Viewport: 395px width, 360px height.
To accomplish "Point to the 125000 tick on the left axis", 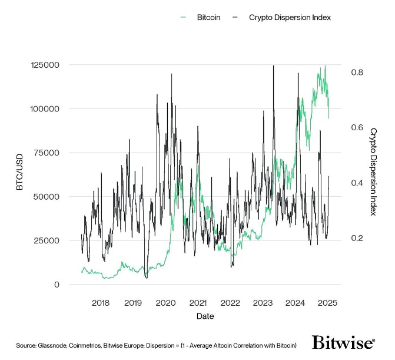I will (x=45, y=65).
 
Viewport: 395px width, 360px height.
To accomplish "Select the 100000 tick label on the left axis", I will (x=45, y=109).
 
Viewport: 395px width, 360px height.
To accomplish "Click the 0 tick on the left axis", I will (x=57, y=285).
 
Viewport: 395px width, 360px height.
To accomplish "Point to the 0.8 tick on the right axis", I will (x=357, y=72).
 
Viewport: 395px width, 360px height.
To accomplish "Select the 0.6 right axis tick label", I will (x=357, y=128).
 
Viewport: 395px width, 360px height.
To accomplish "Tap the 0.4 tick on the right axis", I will (x=357, y=183).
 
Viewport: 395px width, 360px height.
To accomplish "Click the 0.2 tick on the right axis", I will (x=357, y=238).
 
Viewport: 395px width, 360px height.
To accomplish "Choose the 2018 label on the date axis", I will (x=101, y=303).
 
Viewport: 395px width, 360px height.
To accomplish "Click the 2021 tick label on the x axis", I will (x=198, y=303).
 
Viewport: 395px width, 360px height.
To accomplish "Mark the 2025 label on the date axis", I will (x=327, y=303).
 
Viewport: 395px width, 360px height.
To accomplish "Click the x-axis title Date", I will (x=205, y=316).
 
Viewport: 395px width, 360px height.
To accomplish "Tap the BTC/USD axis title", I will (x=19, y=174).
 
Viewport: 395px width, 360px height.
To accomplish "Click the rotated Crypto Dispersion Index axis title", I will (x=373, y=171).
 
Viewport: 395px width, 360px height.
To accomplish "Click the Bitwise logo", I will (x=343, y=343).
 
